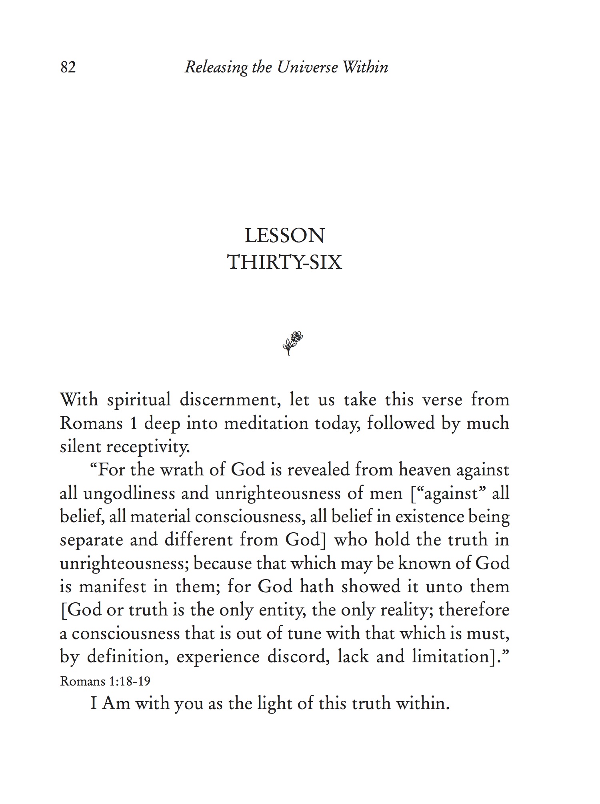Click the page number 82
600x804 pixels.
(68, 67)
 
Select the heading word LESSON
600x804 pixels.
(284, 236)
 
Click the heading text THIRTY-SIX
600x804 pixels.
(284, 263)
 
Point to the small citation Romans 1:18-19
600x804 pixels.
(105, 681)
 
